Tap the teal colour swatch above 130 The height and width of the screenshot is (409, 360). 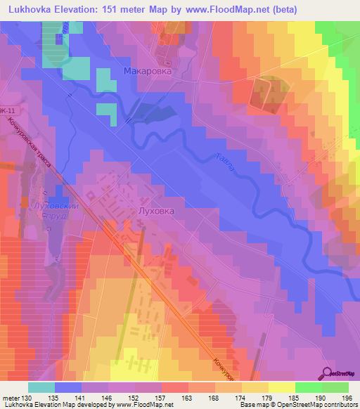click(x=41, y=387)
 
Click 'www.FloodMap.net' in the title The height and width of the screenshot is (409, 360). click(x=219, y=9)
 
